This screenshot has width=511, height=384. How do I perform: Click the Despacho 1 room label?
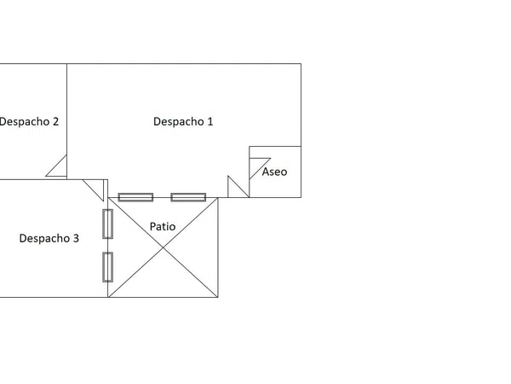[x=183, y=122]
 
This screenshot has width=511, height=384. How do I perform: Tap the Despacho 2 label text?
[x=29, y=122]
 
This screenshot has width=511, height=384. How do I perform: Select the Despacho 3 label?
[x=49, y=238]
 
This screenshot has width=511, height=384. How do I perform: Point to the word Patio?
[x=163, y=226]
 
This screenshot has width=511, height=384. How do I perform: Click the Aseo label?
[x=274, y=172]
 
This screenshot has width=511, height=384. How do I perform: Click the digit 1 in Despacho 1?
[x=210, y=121]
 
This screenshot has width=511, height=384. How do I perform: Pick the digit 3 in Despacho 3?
[x=76, y=238]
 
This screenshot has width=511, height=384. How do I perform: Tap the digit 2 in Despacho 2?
[x=55, y=121]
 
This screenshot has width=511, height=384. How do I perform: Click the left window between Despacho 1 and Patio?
[x=135, y=197]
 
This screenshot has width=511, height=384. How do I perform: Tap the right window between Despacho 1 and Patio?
[x=188, y=197]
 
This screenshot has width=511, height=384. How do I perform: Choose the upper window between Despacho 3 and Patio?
[x=108, y=224]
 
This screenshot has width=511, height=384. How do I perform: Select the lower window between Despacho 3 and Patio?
[x=108, y=267]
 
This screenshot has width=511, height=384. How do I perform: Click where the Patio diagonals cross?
[x=163, y=247]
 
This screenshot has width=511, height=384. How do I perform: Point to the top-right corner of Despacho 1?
[x=301, y=64]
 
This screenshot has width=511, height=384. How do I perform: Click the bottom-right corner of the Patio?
[x=218, y=297]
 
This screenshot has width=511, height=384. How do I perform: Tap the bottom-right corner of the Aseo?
[x=301, y=197]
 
